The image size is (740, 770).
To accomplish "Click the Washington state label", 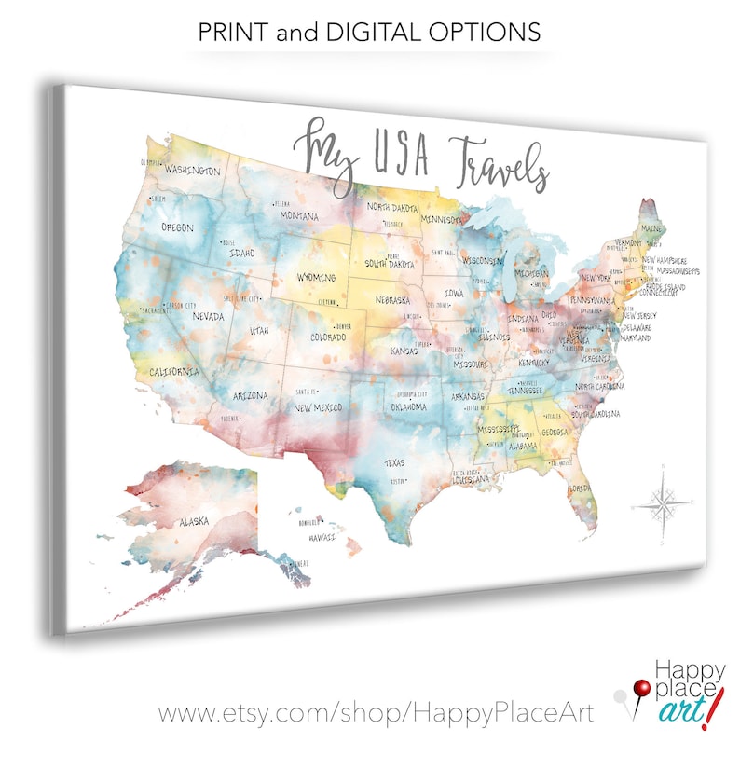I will click(x=193, y=172).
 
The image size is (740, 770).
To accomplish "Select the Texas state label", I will click(x=394, y=462).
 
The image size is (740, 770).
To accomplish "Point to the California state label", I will click(x=175, y=372).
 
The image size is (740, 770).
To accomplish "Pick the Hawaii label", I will click(x=322, y=537).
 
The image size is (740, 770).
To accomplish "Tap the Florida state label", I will click(x=580, y=488).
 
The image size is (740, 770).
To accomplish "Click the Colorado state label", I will click(x=328, y=337).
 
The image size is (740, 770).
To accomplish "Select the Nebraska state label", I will click(x=393, y=301).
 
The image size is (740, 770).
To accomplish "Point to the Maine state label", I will click(x=652, y=229).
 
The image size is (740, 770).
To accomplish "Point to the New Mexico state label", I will click(x=318, y=407).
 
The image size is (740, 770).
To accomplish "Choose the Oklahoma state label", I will click(x=407, y=406).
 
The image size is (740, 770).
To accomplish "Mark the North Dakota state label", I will click(x=392, y=207).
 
